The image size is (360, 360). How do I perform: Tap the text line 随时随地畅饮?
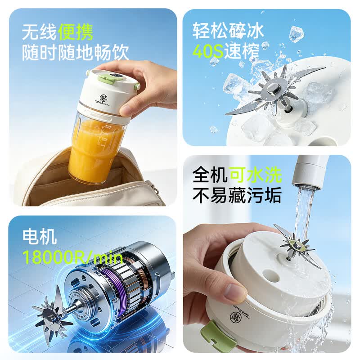[x=75, y=53]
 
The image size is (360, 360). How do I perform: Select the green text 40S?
[x=208, y=51]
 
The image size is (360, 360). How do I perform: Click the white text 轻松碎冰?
[x=228, y=30]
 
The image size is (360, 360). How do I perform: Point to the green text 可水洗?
[x=256, y=175]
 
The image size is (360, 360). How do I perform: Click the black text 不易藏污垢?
[x=237, y=195]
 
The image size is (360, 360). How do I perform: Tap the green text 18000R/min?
[x=72, y=257]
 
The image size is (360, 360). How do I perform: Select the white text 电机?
[x=40, y=237]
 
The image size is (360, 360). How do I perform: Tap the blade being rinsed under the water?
[x=297, y=246]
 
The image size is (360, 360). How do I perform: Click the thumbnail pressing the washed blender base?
[x=234, y=293]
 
